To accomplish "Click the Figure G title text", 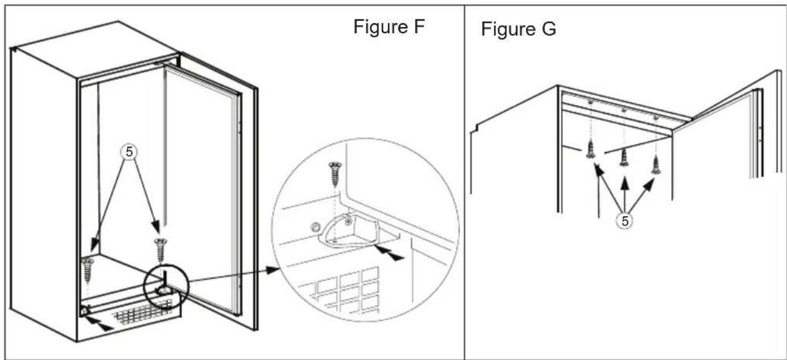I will pyautogui.click(x=519, y=30).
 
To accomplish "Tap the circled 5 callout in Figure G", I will pyautogui.click(x=626, y=221).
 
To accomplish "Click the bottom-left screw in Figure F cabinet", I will pyautogui.click(x=88, y=268).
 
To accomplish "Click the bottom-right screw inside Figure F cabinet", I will pyautogui.click(x=160, y=249).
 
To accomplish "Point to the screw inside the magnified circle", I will pyautogui.click(x=335, y=174).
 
